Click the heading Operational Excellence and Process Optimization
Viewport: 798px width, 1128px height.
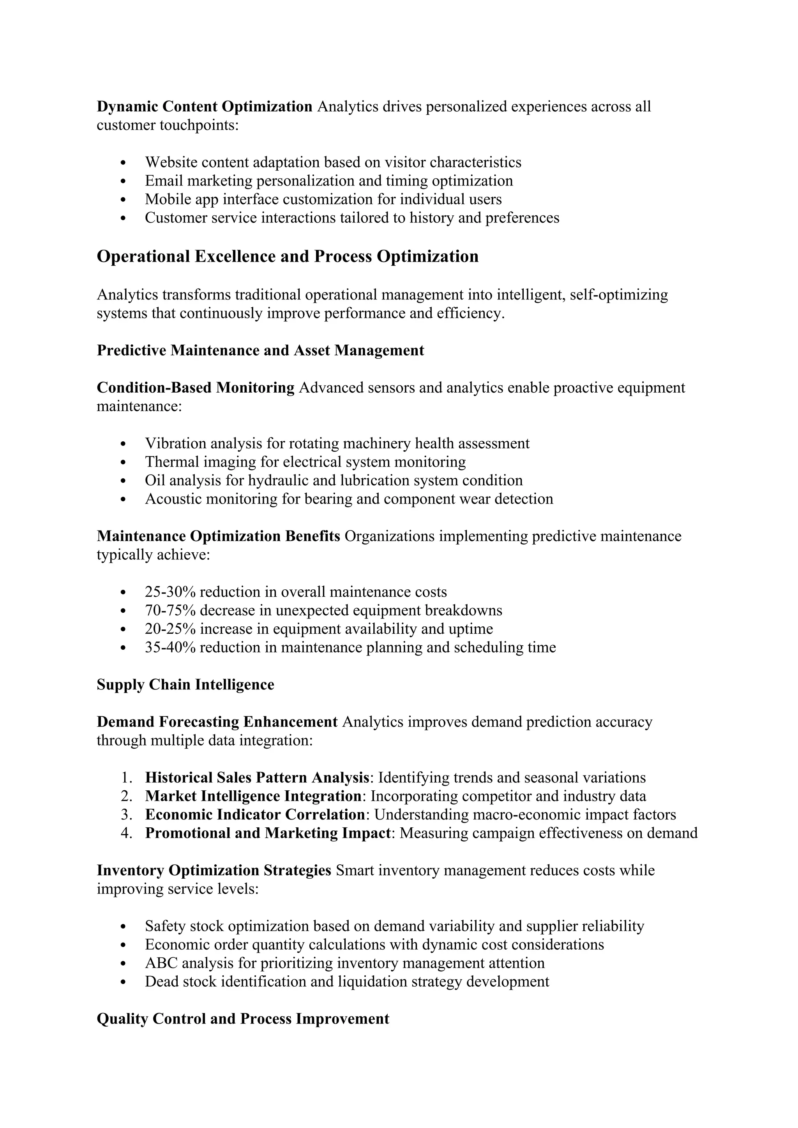[x=288, y=256]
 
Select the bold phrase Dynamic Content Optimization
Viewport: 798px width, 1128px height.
[x=205, y=107]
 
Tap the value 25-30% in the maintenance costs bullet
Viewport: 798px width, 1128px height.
[x=170, y=592]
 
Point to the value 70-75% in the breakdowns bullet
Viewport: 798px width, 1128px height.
[x=170, y=611]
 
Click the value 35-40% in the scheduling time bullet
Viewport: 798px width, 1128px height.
[x=170, y=647]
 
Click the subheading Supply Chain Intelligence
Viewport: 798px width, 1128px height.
[x=185, y=685]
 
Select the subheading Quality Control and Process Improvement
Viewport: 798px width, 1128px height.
[x=243, y=1019]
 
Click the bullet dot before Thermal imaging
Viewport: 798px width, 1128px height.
[x=124, y=463]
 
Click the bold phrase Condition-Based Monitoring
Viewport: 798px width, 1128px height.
[x=196, y=388]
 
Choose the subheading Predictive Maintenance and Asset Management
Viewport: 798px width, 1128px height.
[x=260, y=351]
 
